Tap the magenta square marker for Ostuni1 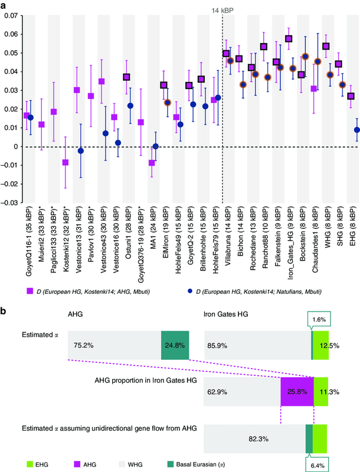click(x=126, y=77)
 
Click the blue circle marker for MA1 click(x=156, y=146)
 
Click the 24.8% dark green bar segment click(x=174, y=346)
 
